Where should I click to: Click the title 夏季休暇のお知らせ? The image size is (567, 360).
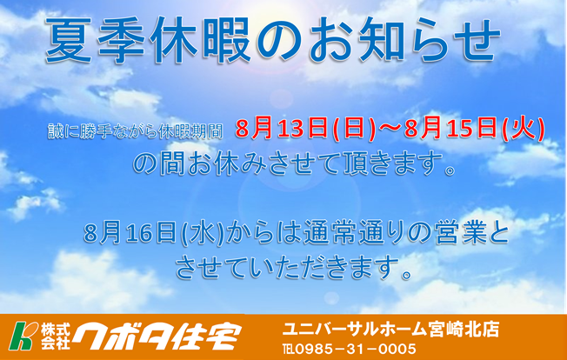pos(273,41)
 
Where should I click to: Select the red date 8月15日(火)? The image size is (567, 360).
pos(475,129)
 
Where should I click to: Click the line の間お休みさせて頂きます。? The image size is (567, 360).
pos(294,165)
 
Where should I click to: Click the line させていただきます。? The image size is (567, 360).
pos(294,268)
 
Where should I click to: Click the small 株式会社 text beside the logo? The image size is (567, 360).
pos(55,337)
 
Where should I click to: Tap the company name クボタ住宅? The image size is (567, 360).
pos(157,337)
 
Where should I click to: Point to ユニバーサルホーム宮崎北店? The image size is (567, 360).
pos(390,330)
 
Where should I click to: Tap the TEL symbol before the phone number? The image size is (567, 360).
pos(289,350)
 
